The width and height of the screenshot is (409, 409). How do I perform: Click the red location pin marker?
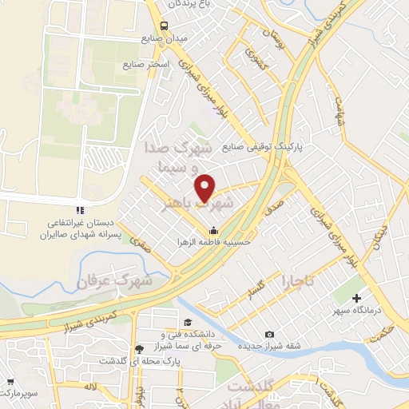coord(206,187)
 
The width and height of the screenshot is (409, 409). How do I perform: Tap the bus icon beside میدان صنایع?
coord(164,26)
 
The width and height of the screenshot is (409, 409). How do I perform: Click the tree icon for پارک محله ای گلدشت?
coord(141,348)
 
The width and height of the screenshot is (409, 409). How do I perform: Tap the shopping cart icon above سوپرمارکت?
coord(11,383)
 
